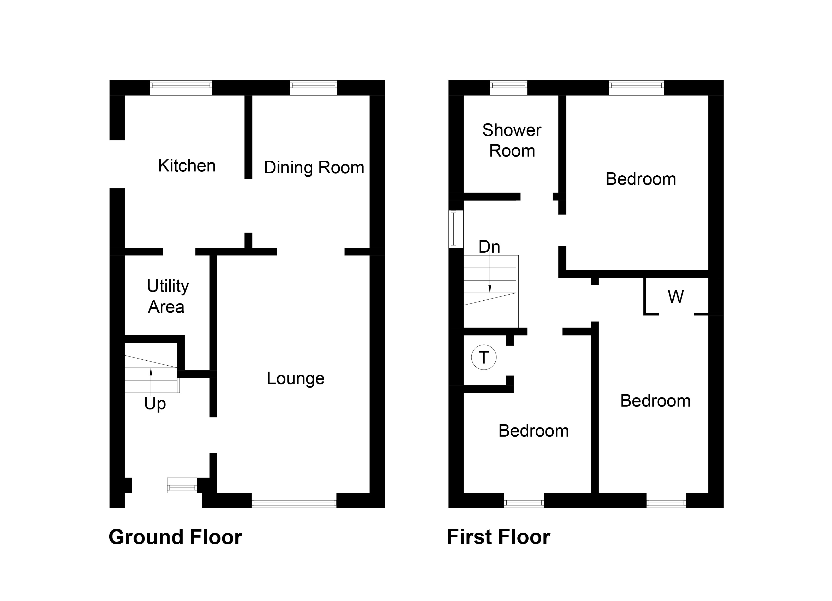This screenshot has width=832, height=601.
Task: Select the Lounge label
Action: point(295,378)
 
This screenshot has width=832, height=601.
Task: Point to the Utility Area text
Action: point(168,296)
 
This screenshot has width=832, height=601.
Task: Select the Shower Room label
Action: point(512,140)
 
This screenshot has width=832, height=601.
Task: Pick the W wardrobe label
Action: point(676,297)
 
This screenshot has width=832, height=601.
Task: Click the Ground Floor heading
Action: point(175,537)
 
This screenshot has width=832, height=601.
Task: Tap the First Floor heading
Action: point(499,537)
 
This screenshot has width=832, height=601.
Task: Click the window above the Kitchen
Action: point(181,87)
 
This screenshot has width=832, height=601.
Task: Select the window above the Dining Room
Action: point(314,87)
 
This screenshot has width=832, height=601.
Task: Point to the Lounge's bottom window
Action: point(294,500)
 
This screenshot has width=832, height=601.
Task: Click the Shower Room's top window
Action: point(508,87)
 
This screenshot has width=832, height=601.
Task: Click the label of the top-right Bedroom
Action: point(641,179)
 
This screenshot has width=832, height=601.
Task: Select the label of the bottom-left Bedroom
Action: point(533,431)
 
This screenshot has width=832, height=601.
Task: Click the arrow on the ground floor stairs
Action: point(151,382)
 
